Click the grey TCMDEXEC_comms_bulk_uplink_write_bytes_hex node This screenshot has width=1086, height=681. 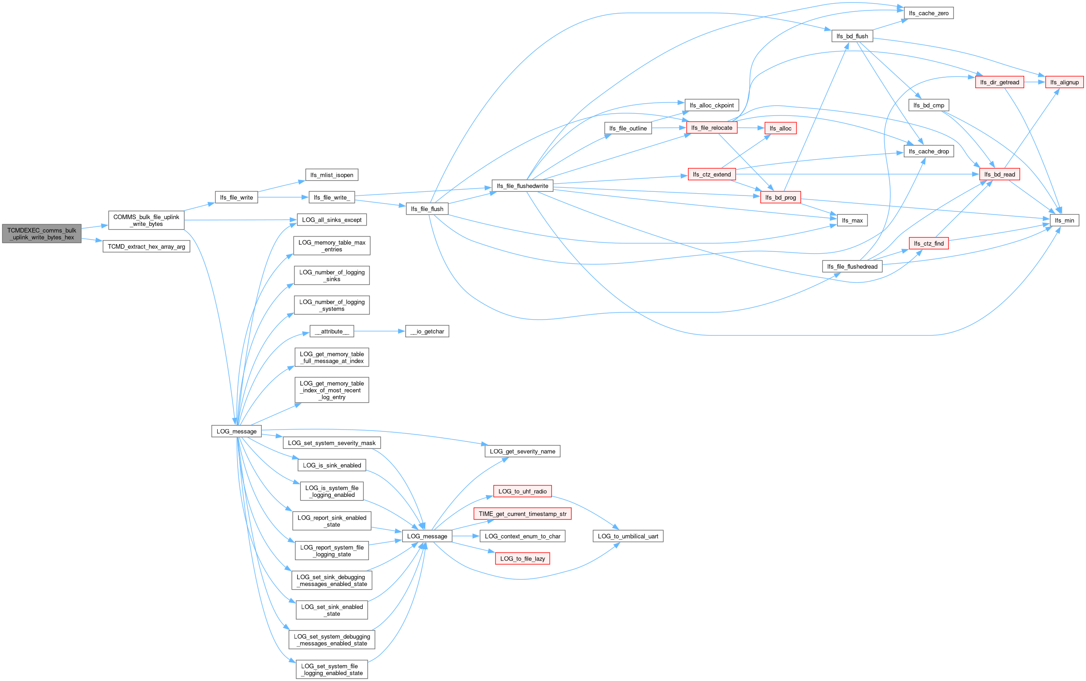(41, 234)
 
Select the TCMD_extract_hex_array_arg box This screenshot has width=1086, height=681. (146, 246)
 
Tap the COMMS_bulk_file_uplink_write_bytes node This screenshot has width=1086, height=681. (146, 220)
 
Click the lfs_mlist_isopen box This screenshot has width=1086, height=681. (332, 175)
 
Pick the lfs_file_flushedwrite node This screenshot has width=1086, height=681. (522, 186)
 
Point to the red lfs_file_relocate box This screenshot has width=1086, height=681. (712, 128)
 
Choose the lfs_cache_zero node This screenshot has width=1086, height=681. (928, 13)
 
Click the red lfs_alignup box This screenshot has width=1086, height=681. (1064, 82)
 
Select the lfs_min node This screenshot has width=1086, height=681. (1064, 220)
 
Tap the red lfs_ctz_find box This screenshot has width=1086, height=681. (928, 244)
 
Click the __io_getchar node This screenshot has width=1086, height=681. (427, 331)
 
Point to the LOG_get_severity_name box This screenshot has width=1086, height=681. (522, 451)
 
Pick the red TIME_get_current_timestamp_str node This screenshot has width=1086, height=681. (522, 514)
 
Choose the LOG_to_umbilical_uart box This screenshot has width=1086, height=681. (628, 536)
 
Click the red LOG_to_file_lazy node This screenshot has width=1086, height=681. (522, 559)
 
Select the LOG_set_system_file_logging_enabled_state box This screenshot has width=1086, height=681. (332, 670)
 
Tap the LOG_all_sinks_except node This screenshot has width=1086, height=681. (332, 220)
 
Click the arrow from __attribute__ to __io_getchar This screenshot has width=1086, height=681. (379, 331)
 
